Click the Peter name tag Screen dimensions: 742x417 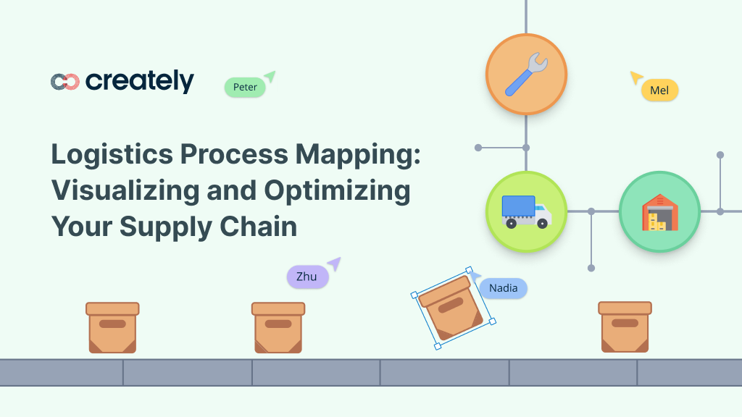[245, 87]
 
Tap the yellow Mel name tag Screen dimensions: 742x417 [659, 90]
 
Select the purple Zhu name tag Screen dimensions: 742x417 [307, 277]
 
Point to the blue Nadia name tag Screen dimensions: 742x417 [503, 288]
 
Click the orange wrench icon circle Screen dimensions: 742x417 [526, 75]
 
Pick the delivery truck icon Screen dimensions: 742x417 [526, 212]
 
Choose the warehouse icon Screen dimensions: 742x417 [659, 212]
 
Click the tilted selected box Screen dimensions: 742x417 [453, 308]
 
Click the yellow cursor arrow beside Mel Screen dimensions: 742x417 [636, 77]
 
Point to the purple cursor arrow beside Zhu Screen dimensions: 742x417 [335, 264]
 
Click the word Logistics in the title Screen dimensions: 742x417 [112, 154]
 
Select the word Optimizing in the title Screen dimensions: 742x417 [337, 190]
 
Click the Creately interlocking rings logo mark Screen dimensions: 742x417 [64, 82]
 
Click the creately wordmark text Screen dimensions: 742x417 [140, 82]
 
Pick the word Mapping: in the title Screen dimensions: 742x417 [358, 155]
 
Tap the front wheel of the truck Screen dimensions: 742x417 [542, 223]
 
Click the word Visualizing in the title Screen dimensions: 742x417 [125, 190]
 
